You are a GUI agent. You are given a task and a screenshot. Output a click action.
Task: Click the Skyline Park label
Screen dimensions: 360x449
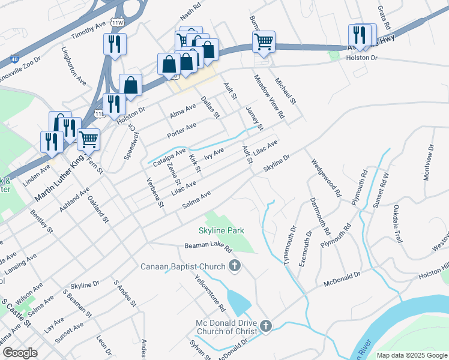point(221,230)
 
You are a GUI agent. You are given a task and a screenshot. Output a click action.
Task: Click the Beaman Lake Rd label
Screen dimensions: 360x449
point(208,246)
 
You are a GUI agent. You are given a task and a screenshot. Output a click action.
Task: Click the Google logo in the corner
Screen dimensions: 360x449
point(20,353)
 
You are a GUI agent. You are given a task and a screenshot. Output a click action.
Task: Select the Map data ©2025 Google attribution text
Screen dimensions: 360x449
point(412,355)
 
